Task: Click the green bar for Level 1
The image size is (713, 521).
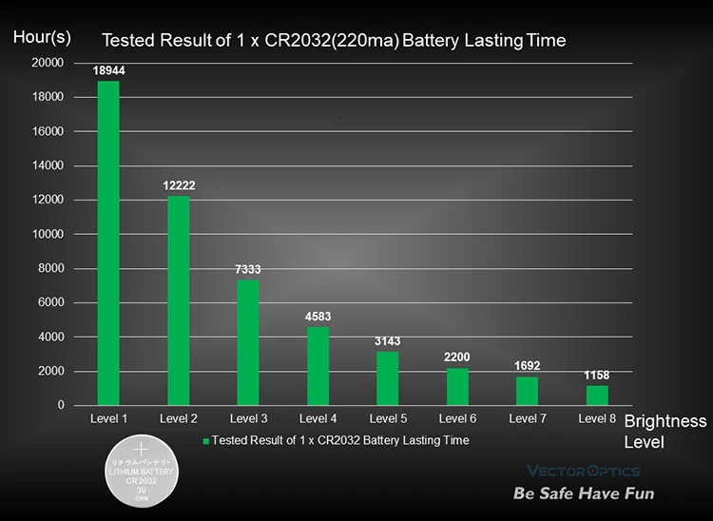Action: pos(108,242)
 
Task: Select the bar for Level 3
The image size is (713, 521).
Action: pos(248,342)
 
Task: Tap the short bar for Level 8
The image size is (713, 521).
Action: pos(597,396)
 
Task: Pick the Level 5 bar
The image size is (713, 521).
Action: pos(388,378)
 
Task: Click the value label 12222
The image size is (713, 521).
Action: pos(179,185)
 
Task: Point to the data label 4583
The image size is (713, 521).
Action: pos(318,317)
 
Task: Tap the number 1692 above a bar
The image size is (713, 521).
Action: pos(527,365)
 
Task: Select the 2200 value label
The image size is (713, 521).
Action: pos(457,357)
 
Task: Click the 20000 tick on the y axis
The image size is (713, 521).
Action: pos(48,63)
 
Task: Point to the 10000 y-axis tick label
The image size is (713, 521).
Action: pos(48,234)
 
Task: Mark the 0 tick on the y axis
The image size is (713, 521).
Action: pos(61,405)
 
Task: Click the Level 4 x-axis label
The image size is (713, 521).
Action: pos(318,418)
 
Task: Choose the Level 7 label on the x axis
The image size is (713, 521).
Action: pos(528,418)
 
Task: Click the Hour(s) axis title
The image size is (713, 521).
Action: pos(42,37)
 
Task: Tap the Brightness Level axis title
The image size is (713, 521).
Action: pos(665,432)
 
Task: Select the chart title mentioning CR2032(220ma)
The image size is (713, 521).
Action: pos(334,41)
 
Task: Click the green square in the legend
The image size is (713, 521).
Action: pos(206,441)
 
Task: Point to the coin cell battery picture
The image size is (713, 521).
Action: pos(142,471)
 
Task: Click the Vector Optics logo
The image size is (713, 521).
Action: pos(584,471)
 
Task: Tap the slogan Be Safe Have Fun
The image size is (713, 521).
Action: pos(584,493)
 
